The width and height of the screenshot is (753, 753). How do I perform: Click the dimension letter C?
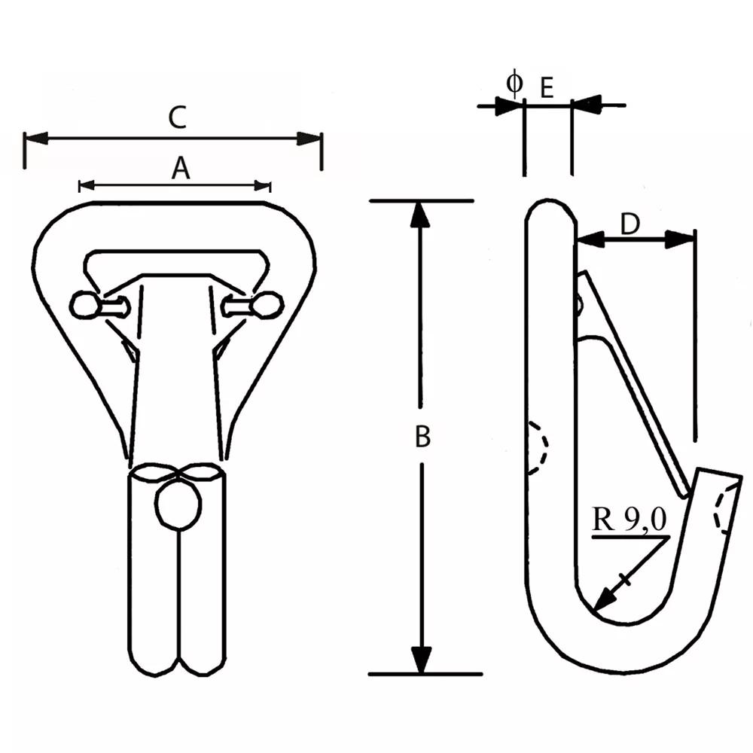[x=178, y=118]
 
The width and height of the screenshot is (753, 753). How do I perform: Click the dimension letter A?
[x=181, y=169]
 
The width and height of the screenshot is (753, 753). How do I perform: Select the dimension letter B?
[x=422, y=437]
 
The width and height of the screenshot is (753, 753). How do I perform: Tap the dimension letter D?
[x=630, y=224]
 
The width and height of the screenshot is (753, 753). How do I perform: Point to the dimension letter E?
[x=547, y=88]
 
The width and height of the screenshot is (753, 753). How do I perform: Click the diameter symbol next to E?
[x=514, y=83]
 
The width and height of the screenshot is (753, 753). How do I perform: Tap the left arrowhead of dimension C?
[x=36, y=139]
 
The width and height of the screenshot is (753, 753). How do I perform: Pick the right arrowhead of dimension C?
[x=309, y=139]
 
